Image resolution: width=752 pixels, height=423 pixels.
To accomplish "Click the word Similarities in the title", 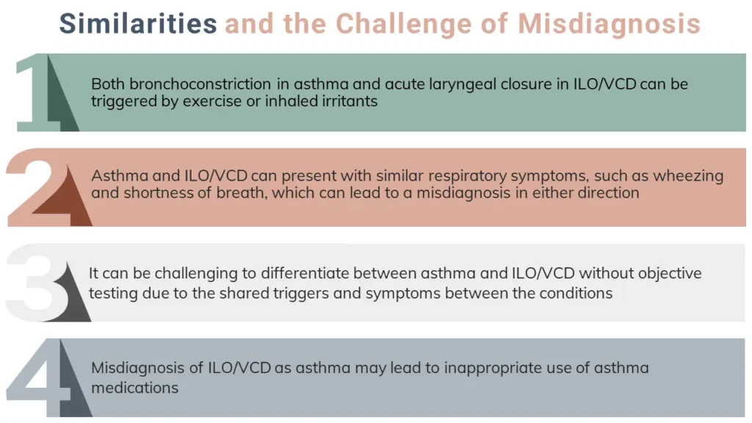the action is point(138,23).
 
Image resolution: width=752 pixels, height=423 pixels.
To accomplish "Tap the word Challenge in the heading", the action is point(403,24).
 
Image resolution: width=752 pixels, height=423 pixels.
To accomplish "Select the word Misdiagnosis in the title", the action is point(609,24).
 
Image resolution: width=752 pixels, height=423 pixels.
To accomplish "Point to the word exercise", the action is point(222,101).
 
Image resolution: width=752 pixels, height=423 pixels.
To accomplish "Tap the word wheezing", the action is point(688,176).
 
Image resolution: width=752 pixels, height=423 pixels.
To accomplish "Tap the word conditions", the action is point(576,293).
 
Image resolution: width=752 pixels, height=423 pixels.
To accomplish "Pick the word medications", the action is point(135,388).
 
